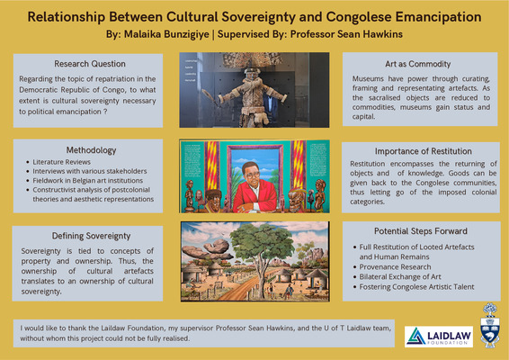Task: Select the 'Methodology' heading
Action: (87, 148)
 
